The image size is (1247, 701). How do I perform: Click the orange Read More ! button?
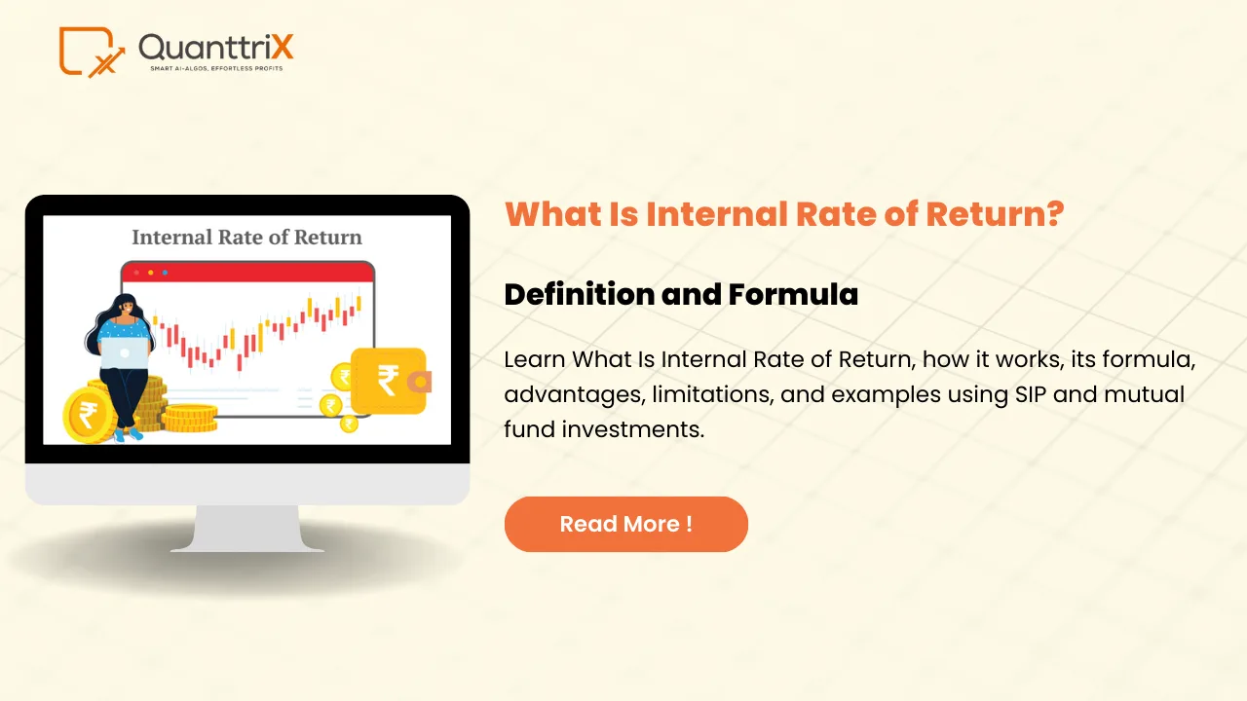pyautogui.click(x=625, y=524)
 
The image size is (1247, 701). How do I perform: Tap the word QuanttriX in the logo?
pyautogui.click(x=215, y=47)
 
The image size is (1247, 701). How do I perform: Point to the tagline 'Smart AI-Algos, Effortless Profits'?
pyautogui.click(x=215, y=69)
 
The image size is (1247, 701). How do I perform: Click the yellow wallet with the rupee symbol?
pyautogui.click(x=389, y=381)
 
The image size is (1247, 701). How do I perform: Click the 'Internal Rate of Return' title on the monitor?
pyautogui.click(x=246, y=237)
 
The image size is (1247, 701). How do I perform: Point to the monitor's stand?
pyautogui.click(x=246, y=529)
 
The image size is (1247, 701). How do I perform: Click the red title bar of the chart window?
pyautogui.click(x=247, y=272)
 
